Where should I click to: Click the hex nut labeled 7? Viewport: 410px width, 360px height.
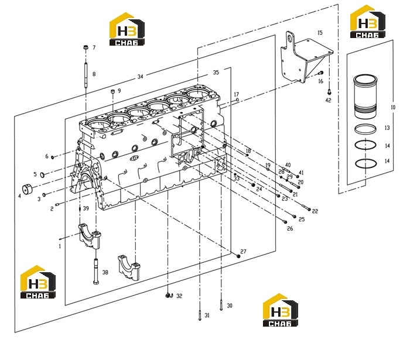pyautogui.click(x=86, y=47)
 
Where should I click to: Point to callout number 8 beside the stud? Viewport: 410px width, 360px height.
pyautogui.click(x=94, y=74)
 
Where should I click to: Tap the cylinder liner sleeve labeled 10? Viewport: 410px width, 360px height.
pyautogui.click(x=365, y=96)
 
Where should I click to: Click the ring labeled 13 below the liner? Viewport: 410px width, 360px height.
pyautogui.click(x=365, y=129)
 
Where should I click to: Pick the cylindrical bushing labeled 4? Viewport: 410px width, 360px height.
pyautogui.click(x=27, y=189)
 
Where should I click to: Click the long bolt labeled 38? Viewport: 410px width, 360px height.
pyautogui.click(x=96, y=271)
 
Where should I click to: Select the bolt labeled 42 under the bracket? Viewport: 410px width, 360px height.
pyautogui.click(x=329, y=92)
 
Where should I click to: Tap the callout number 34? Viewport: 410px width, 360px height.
pyautogui.click(x=141, y=77)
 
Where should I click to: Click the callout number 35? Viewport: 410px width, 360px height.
pyautogui.click(x=216, y=73)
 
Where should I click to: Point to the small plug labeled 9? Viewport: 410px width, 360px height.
pyautogui.click(x=112, y=91)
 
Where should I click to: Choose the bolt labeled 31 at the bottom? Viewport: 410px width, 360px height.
pyautogui.click(x=200, y=315)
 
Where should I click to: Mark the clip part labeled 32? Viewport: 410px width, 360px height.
pyautogui.click(x=169, y=295)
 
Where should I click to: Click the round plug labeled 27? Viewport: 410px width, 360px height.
pyautogui.click(x=238, y=256)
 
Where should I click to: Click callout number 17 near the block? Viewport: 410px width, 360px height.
pyautogui.click(x=237, y=94)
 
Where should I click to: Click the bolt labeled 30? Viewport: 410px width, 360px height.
pyautogui.click(x=221, y=305)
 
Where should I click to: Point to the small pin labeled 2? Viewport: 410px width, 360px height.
pyautogui.click(x=57, y=204)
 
